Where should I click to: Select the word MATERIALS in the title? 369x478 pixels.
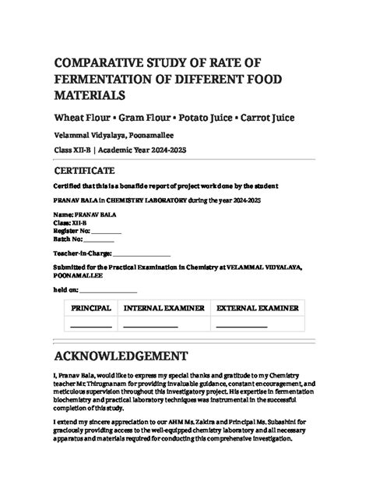(x=90, y=95)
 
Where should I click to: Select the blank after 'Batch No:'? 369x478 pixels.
(x=98, y=239)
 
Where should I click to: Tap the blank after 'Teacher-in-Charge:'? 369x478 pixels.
(x=142, y=254)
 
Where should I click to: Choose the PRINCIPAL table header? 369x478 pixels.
(x=91, y=309)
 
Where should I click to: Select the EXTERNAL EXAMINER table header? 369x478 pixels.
(x=256, y=309)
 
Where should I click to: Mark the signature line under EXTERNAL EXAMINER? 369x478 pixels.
(x=241, y=327)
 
